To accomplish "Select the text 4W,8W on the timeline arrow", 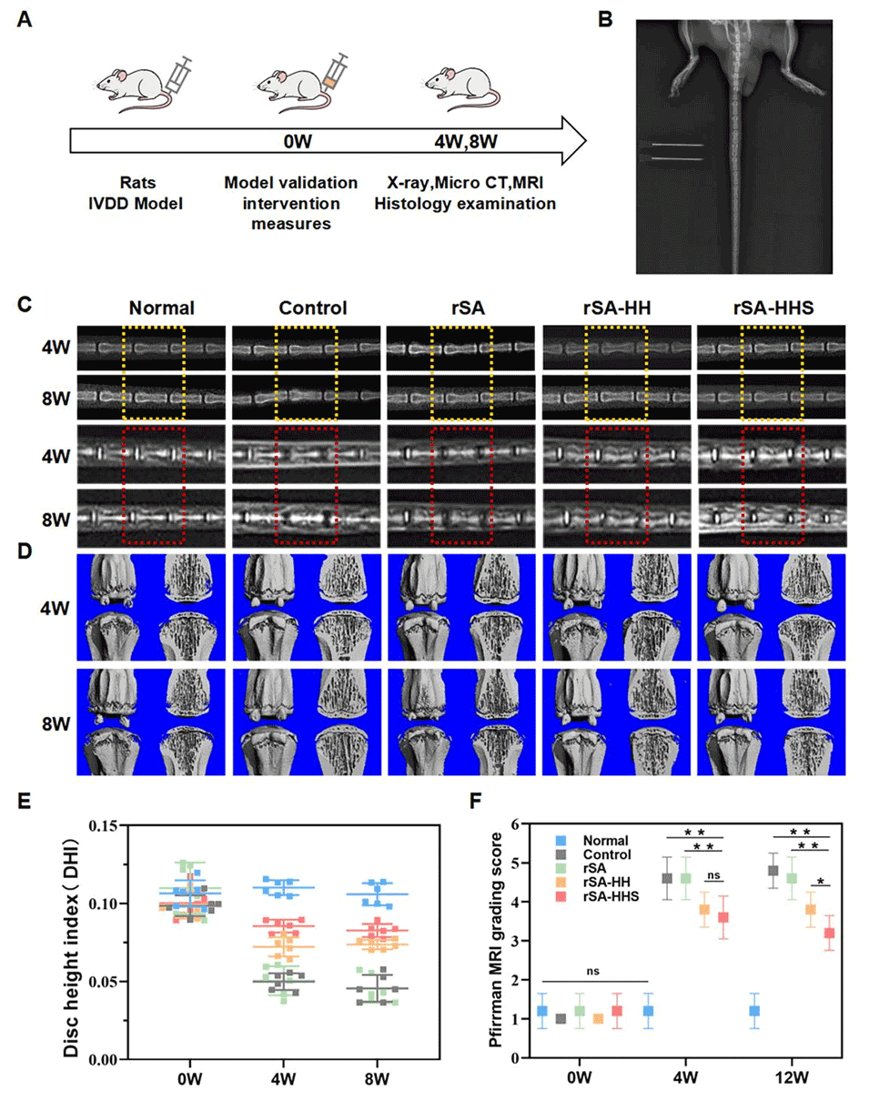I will pyautogui.click(x=462, y=141).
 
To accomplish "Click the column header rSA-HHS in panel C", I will pyautogui.click(x=771, y=308).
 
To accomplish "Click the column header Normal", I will pyautogui.click(x=161, y=308).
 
